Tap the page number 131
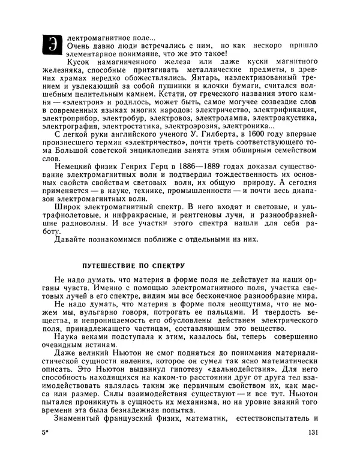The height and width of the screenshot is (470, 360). [x=311, y=449]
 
